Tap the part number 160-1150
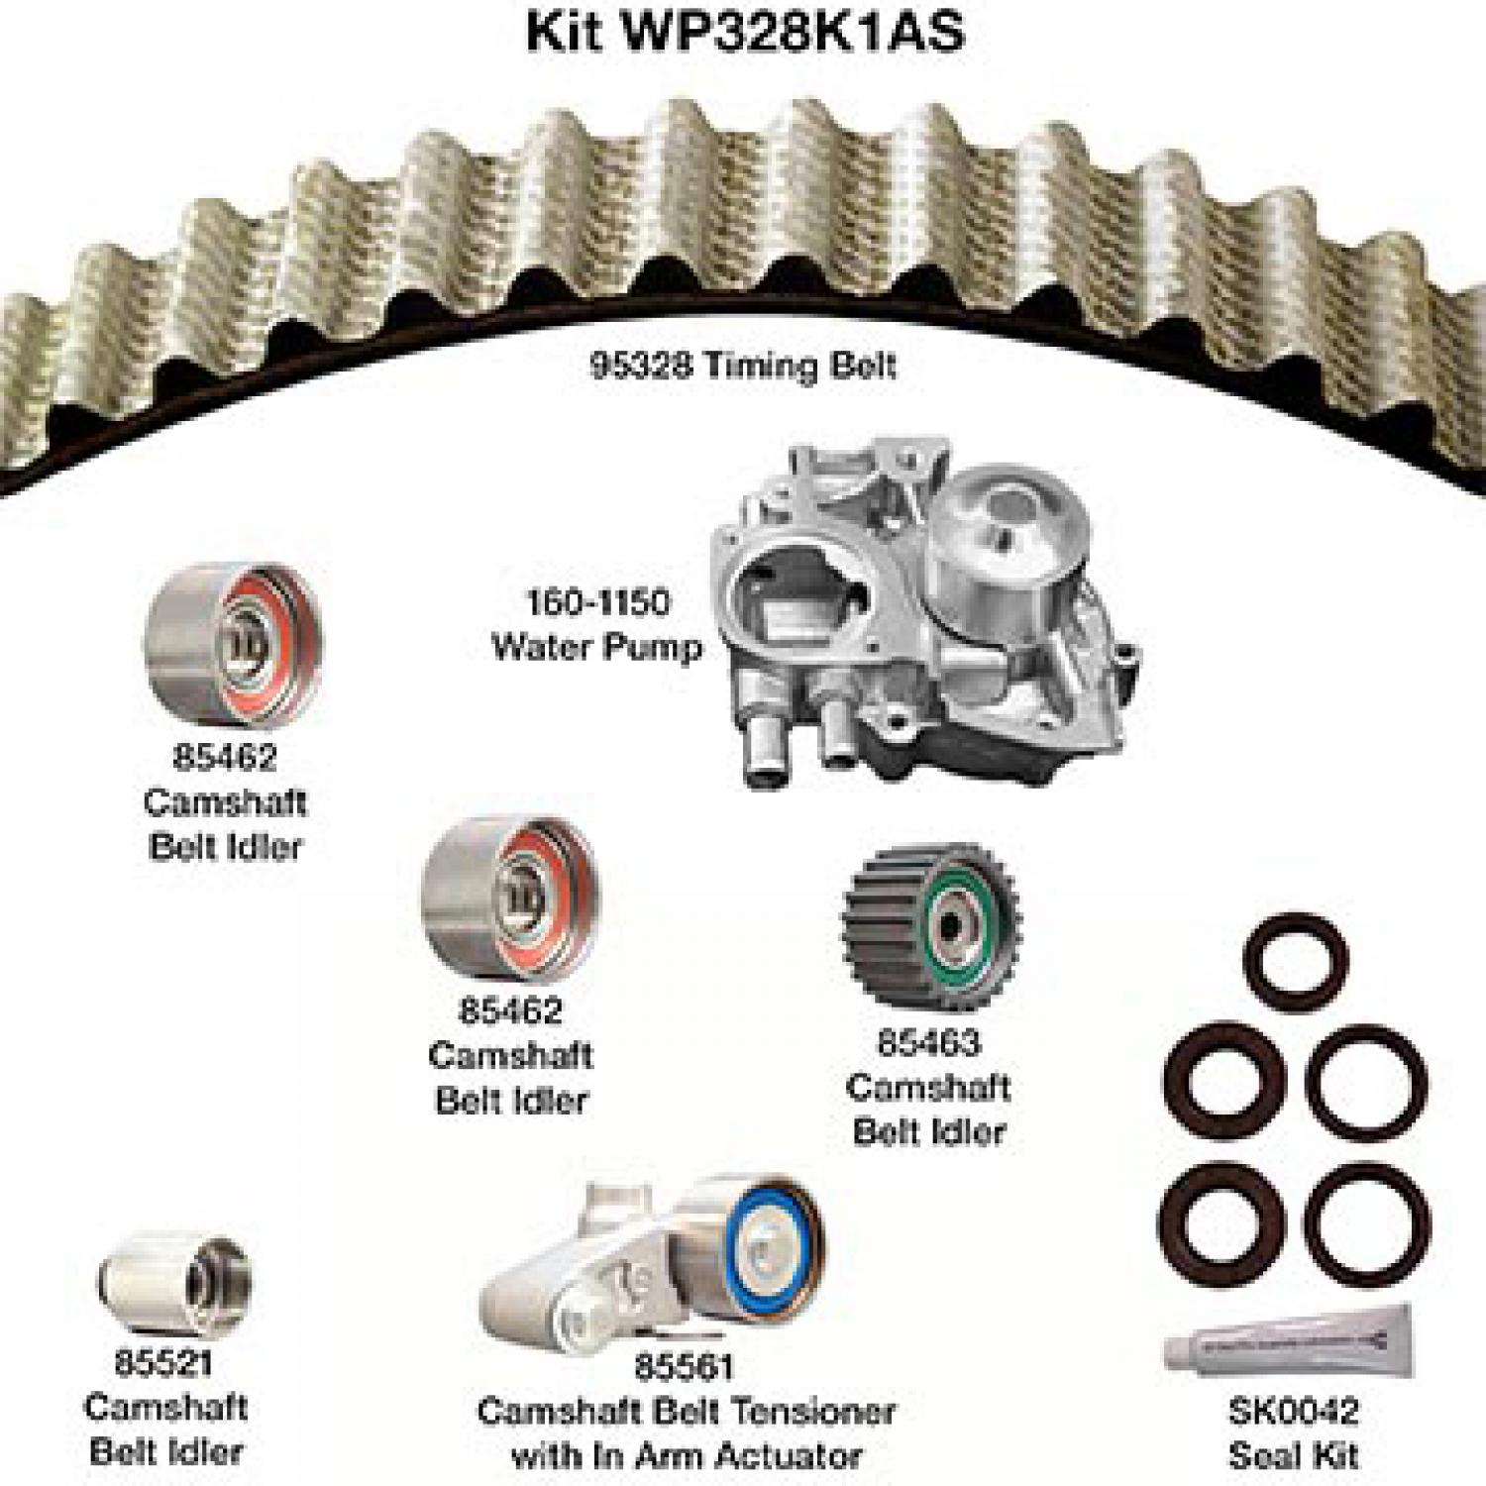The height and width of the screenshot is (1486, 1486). (597, 601)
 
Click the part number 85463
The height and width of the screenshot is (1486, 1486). (928, 1042)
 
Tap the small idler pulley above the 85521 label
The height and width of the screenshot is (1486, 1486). (174, 1284)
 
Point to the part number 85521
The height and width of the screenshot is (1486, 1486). (162, 1362)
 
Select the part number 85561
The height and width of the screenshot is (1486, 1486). (684, 1366)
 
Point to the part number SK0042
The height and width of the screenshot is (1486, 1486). (1293, 1410)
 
